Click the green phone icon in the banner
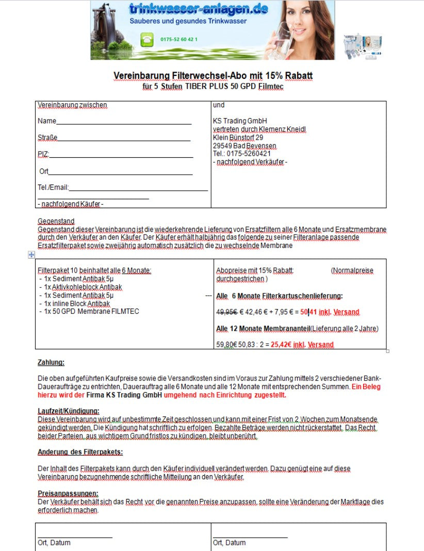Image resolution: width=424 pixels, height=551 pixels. (147, 39)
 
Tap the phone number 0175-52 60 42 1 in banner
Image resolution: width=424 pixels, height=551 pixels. (179, 39)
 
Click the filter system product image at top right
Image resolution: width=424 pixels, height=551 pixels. (363, 47)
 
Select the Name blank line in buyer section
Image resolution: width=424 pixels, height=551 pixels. (124, 122)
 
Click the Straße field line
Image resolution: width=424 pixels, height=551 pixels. (124, 138)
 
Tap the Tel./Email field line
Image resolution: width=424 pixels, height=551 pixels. (138, 188)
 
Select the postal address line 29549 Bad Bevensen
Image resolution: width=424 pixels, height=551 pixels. (244, 146)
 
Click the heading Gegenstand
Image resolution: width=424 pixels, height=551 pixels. (56, 221)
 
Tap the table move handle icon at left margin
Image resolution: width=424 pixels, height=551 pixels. (31, 255)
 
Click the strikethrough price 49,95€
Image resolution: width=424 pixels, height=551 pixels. (227, 312)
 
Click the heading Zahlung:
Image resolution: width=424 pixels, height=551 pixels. (51, 362)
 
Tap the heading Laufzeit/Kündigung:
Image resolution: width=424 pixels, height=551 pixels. (68, 411)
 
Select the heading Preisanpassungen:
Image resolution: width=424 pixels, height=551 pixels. (68, 493)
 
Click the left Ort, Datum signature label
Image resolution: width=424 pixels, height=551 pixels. (54, 543)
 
